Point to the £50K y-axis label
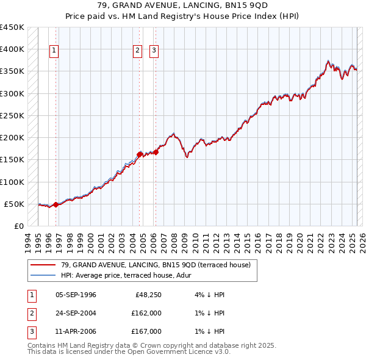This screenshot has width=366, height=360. pos(13,204)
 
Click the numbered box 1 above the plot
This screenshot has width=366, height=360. pos(54,51)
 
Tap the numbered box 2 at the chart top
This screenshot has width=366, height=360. pos(138,51)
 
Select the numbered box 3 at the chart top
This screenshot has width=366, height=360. pos(154,51)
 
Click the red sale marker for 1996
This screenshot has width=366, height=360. pos(56,204)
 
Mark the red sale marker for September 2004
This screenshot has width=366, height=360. pos(140,154)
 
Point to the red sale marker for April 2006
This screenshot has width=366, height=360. pos(156,152)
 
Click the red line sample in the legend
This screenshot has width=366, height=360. pos(43,265)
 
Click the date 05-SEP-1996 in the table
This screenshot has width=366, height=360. pos(76,295)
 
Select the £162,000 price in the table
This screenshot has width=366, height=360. pos(146,314)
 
